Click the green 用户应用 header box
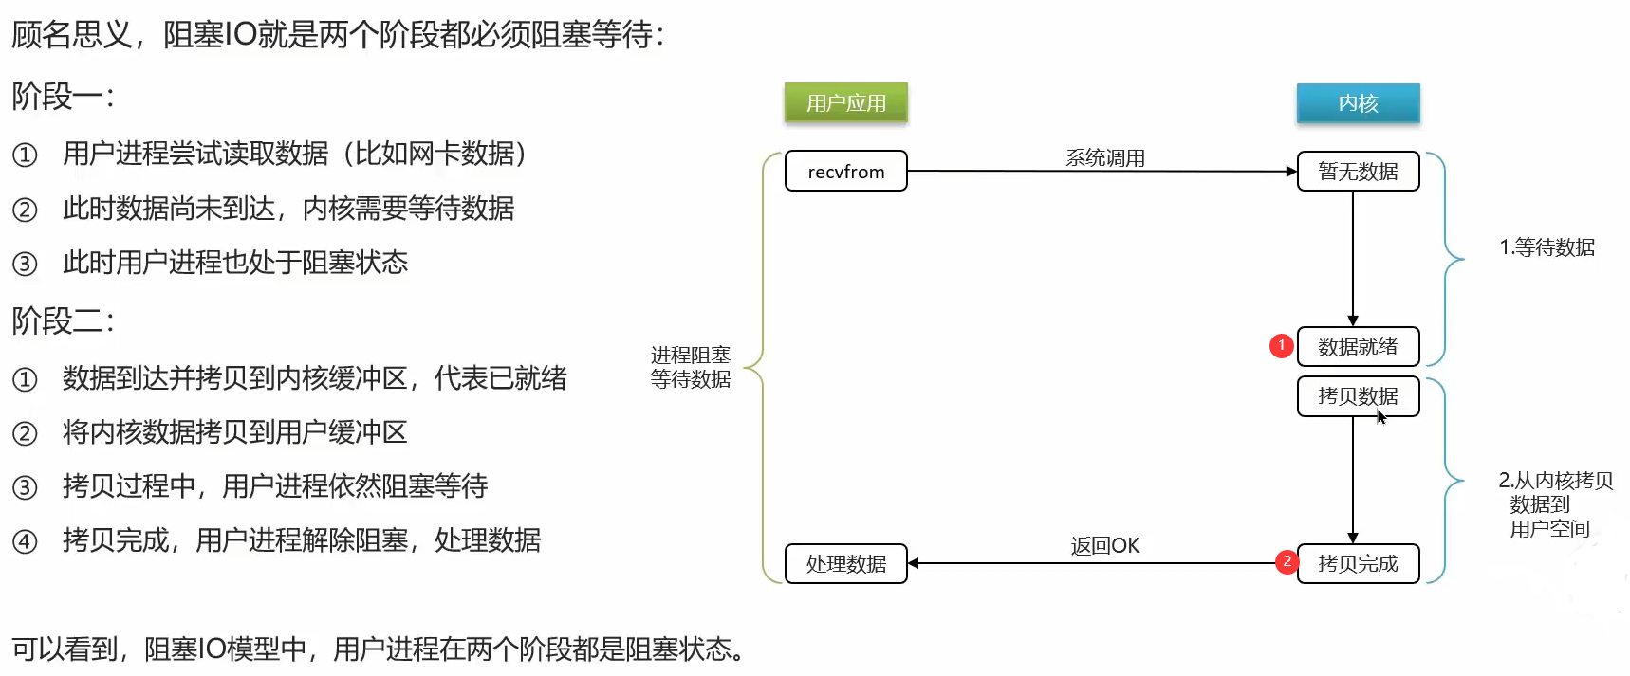click(x=845, y=102)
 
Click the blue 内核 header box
click(x=1358, y=102)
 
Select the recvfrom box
click(x=845, y=172)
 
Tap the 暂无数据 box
click(x=1358, y=172)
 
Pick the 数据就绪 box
click(x=1358, y=346)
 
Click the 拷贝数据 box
click(x=1358, y=396)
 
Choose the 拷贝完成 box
click(x=1358, y=564)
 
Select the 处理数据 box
click(x=845, y=564)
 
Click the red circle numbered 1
click(x=1281, y=345)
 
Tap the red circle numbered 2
click(x=1287, y=561)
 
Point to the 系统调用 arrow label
click(x=1105, y=157)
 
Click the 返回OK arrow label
click(x=1105, y=545)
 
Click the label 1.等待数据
click(x=1547, y=247)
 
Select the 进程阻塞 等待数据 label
click(x=691, y=367)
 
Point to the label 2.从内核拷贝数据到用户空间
click(x=1554, y=504)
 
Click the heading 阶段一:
click(x=63, y=96)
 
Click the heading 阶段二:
click(x=63, y=320)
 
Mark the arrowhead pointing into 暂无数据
click(x=1291, y=172)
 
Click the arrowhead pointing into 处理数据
click(x=914, y=563)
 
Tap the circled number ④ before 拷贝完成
click(x=25, y=541)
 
